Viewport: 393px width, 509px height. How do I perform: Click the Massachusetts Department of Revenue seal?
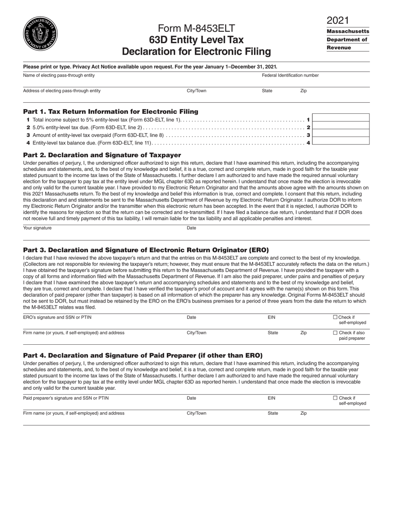tap(40, 34)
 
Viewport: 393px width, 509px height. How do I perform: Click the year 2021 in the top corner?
tap(338, 20)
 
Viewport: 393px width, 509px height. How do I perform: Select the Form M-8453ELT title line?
tap(196, 29)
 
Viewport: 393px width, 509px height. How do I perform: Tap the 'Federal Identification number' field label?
tap(290, 75)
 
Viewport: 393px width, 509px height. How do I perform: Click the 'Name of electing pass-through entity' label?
tap(59, 75)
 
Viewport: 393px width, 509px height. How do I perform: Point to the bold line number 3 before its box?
tap(308, 135)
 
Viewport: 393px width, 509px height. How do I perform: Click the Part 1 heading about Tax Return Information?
tap(110, 112)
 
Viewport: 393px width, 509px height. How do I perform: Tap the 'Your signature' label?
tap(37, 228)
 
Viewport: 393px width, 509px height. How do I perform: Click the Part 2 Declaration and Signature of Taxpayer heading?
tap(102, 155)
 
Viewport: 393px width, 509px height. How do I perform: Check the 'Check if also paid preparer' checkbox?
tap(335, 333)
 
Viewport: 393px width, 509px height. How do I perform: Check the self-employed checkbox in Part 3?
tap(335, 317)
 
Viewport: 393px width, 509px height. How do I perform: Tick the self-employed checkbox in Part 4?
tap(335, 398)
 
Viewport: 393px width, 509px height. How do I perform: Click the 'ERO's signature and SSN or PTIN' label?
tap(57, 317)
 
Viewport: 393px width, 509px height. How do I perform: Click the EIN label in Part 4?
tap(271, 398)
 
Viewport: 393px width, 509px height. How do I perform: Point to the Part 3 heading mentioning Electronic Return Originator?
tap(146, 250)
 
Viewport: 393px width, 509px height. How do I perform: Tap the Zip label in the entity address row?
tap(303, 91)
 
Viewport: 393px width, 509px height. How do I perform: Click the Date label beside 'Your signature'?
tap(191, 228)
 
